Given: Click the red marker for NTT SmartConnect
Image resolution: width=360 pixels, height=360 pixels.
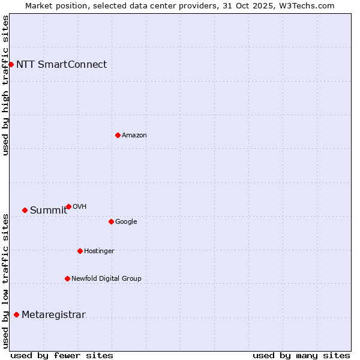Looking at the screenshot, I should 11,64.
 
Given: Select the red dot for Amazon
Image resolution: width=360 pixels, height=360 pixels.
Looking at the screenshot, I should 118,135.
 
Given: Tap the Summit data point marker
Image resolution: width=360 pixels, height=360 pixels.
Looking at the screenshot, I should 25,210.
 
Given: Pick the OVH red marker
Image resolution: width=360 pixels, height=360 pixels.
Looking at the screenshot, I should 68,206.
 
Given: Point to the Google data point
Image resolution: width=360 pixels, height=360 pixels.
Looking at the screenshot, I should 111,221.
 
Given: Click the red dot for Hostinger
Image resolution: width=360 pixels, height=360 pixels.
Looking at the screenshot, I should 80,251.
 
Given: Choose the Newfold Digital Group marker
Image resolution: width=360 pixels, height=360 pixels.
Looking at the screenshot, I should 67,278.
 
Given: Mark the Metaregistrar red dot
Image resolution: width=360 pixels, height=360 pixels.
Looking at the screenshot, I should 16,315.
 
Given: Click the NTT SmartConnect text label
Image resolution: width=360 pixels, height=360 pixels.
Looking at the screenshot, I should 61,65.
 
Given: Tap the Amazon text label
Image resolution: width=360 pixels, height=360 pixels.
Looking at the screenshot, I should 134,136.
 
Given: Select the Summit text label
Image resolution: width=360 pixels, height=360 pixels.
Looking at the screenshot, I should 49,211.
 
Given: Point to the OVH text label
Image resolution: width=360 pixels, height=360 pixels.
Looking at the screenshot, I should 80,207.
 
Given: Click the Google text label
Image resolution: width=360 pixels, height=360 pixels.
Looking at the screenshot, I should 126,222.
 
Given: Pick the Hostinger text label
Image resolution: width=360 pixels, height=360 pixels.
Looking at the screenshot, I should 99,251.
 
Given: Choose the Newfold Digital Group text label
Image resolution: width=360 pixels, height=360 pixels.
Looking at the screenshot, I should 106,279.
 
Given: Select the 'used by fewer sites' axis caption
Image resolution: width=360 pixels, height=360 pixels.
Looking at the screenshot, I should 62,355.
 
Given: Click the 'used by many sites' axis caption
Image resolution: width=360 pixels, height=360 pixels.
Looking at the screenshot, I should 301,355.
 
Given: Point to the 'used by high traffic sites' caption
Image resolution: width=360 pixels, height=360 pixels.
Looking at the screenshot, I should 5,85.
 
